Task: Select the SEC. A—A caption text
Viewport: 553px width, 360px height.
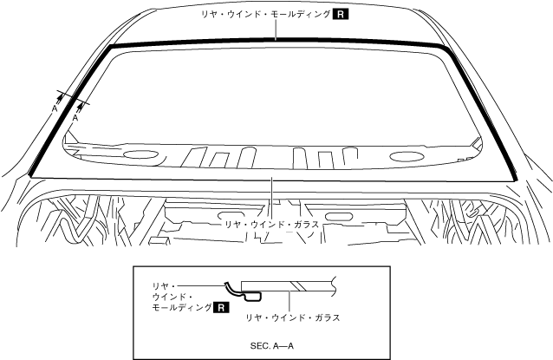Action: pyautogui.click(x=271, y=345)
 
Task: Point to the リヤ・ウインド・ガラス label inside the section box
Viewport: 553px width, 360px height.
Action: pyautogui.click(x=293, y=318)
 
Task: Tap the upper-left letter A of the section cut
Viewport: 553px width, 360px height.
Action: pyautogui.click(x=54, y=110)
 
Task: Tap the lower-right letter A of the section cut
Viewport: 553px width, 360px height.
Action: pyautogui.click(x=75, y=121)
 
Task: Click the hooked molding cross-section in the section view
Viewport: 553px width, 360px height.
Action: pyautogui.click(x=231, y=289)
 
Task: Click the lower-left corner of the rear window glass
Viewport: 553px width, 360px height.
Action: pyautogui.click(x=31, y=176)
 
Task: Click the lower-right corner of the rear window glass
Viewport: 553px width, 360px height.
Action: pyautogui.click(x=517, y=179)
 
